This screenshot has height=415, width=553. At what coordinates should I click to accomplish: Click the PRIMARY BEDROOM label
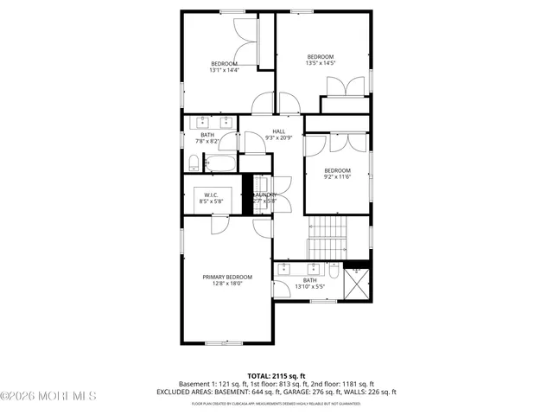coord(227,277)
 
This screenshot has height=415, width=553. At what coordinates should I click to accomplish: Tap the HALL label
coord(279,131)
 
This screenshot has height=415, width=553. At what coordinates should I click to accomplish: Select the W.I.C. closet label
coord(213,195)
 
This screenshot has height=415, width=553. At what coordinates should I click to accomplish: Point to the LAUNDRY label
coord(265,195)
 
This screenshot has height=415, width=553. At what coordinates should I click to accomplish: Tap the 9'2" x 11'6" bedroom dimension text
coord(337,176)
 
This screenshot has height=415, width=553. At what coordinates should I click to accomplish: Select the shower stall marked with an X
coord(358,281)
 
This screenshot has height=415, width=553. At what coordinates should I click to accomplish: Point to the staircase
coord(327,231)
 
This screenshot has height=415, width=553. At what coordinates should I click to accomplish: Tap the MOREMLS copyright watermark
coord(49,397)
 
